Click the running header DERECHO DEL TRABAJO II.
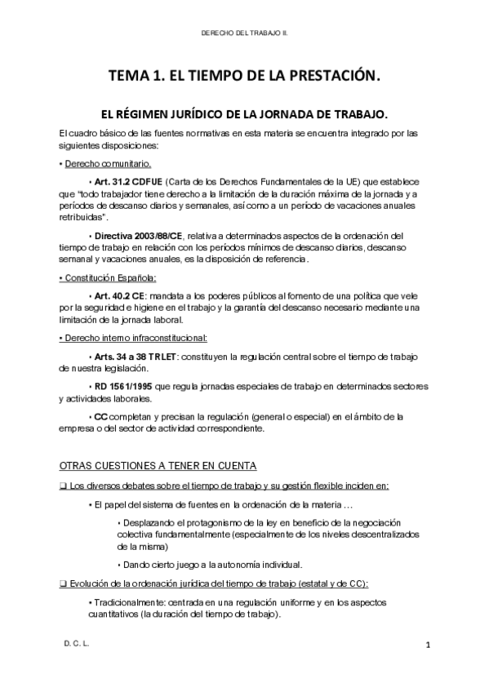(x=245, y=34)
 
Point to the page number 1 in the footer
(x=427, y=645)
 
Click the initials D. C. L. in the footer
(x=76, y=644)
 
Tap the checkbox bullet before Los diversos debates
(x=64, y=486)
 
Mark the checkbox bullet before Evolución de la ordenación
(x=64, y=583)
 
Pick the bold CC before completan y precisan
(x=101, y=417)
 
